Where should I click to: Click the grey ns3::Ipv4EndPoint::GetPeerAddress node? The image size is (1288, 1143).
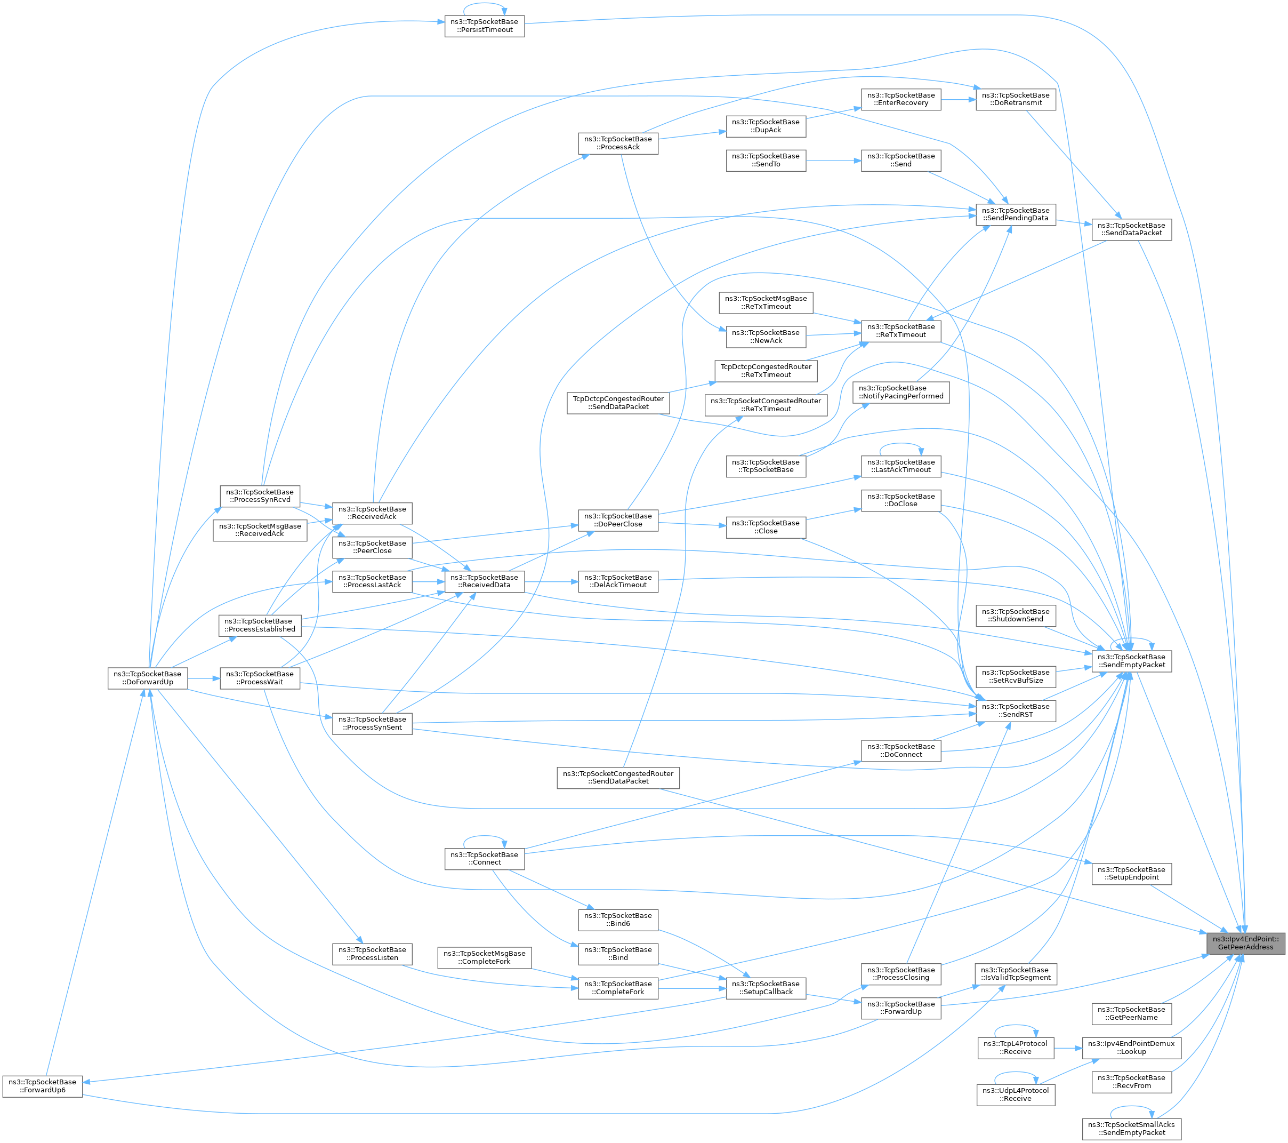click(x=1246, y=943)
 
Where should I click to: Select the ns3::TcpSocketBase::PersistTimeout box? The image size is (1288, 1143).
click(x=484, y=26)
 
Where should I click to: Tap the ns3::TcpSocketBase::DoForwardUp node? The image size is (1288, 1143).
click(x=148, y=678)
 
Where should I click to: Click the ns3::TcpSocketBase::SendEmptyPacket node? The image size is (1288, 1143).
click(x=1131, y=661)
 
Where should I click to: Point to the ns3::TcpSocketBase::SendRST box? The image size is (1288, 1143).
click(x=1016, y=710)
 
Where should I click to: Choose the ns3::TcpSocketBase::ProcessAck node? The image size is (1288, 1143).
click(x=618, y=143)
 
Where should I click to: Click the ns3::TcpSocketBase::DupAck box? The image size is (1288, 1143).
click(x=766, y=126)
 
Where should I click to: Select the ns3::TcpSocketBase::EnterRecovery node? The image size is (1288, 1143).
click(x=901, y=100)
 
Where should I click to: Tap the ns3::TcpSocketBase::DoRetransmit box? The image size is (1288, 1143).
click(x=1016, y=100)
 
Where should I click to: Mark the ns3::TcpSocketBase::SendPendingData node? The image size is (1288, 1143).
click(x=1016, y=214)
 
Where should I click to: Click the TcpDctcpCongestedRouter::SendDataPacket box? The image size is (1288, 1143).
click(x=618, y=403)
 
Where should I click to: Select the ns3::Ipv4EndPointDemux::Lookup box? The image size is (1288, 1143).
click(x=1131, y=1048)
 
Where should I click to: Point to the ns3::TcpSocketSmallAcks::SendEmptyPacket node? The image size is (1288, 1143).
click(x=1131, y=1129)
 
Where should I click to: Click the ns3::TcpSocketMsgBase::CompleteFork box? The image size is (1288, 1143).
click(x=485, y=957)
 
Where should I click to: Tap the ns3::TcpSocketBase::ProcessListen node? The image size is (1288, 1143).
click(x=373, y=954)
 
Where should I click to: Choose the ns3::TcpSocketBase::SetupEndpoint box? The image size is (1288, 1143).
click(x=1131, y=874)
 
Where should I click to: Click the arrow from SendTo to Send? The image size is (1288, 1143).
click(x=834, y=161)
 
